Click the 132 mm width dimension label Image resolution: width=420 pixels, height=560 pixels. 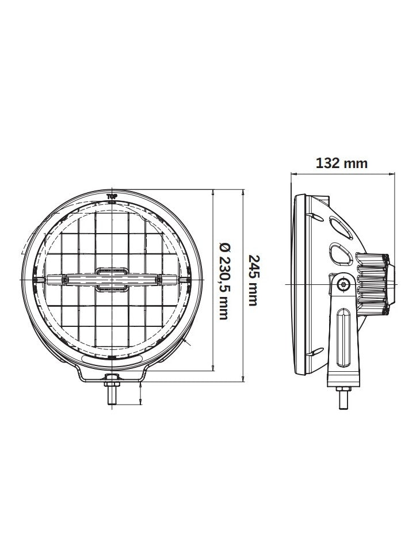[342, 163]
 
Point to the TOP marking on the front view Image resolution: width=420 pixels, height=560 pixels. [112, 196]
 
